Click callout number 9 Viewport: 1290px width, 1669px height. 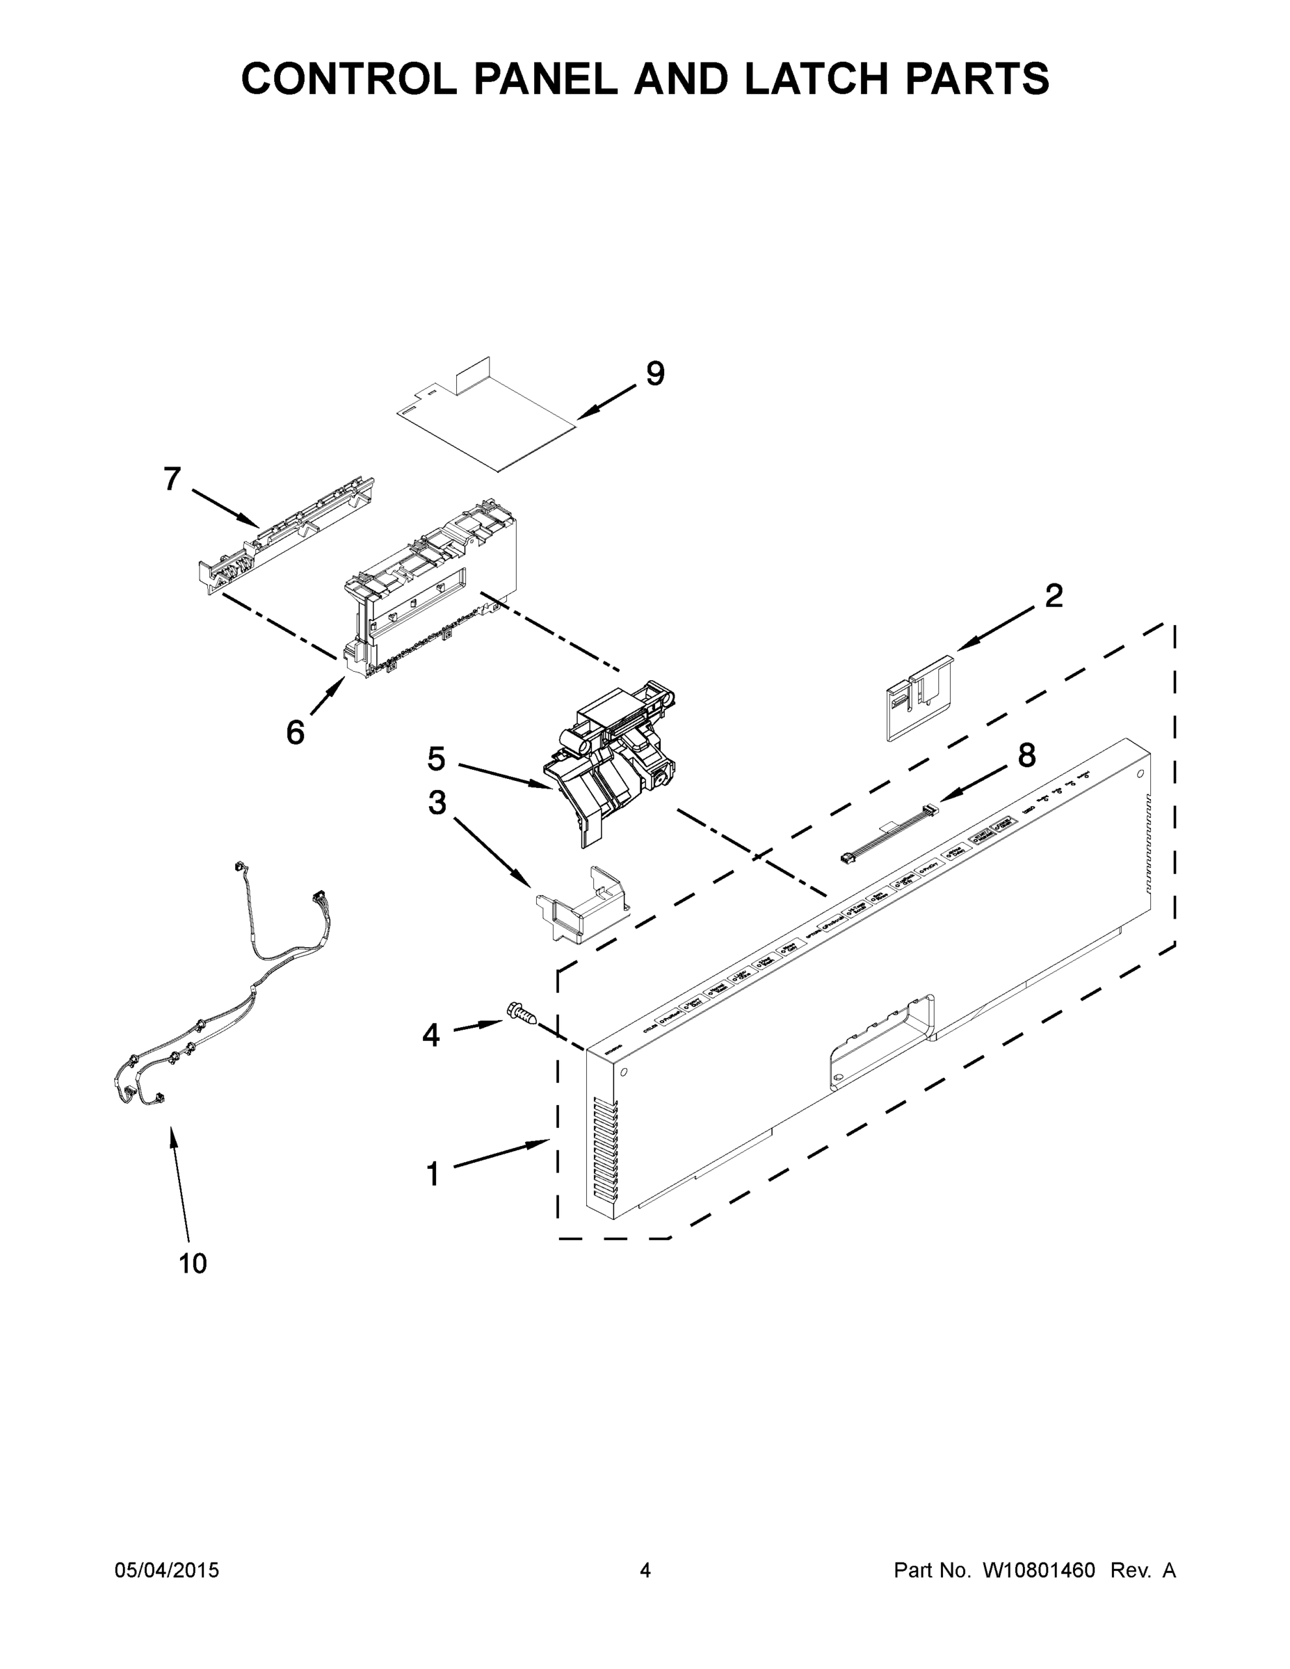tap(655, 373)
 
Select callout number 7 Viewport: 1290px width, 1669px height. tap(172, 479)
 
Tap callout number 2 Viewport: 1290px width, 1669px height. tap(1053, 596)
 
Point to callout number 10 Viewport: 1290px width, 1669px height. tap(193, 1264)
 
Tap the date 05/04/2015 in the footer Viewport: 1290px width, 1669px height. tap(167, 1570)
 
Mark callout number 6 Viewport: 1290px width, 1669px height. tap(295, 733)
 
